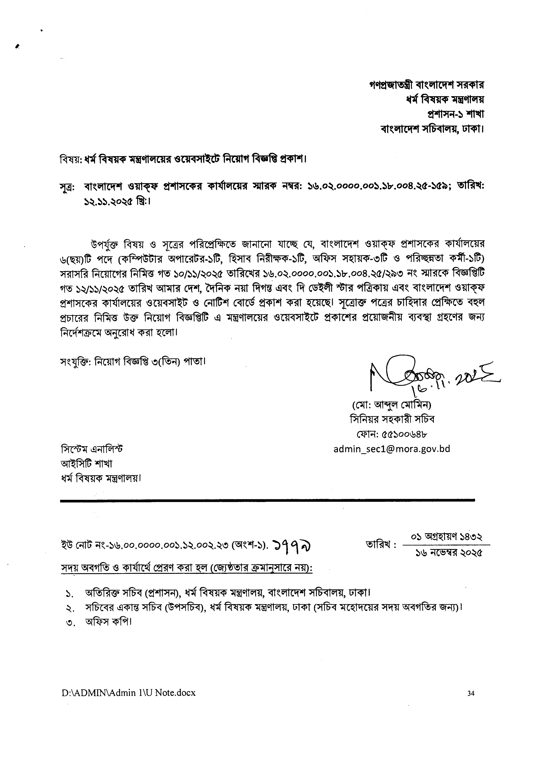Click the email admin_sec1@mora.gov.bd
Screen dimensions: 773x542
392,449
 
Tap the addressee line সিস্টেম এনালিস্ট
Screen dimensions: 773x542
91,449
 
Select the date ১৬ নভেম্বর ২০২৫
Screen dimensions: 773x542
449,553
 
